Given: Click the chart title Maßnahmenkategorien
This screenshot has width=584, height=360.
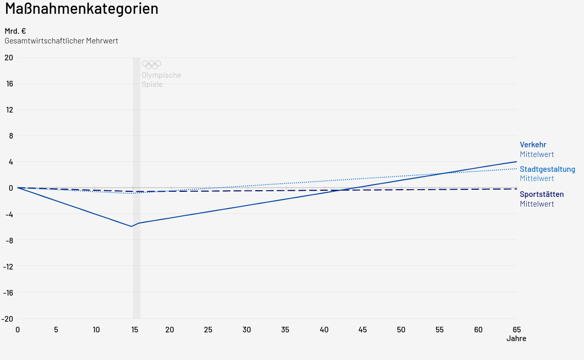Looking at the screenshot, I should [82, 9].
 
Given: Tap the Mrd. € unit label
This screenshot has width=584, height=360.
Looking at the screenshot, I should [15, 31].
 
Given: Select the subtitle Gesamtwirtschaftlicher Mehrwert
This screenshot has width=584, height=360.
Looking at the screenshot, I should [61, 41].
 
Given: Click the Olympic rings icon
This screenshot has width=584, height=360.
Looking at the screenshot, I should [151, 64].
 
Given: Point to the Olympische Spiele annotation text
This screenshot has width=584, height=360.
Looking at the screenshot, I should [161, 80].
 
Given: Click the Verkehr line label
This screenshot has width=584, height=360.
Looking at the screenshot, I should [533, 145].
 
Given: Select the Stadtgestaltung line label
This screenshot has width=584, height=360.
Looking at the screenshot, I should [547, 169].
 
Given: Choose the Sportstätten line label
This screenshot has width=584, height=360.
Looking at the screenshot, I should [542, 194].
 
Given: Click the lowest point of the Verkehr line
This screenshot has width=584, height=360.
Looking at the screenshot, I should [131, 226].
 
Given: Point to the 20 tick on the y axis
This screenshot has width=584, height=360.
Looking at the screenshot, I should [8, 57].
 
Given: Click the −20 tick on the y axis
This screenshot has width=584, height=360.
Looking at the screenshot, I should [7, 319].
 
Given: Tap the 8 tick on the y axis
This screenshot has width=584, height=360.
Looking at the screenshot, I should [11, 136].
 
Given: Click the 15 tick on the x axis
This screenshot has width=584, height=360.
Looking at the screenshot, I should [134, 330].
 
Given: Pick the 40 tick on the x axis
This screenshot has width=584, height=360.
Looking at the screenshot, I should [324, 330].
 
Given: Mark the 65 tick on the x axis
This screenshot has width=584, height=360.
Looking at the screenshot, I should [516, 330].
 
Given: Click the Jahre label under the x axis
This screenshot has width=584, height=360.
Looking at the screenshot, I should [516, 339].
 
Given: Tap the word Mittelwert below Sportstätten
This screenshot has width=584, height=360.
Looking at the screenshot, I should [537, 204].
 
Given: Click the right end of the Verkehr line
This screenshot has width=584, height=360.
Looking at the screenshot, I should [516, 162].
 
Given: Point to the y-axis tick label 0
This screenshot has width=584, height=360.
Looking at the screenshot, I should [11, 188].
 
